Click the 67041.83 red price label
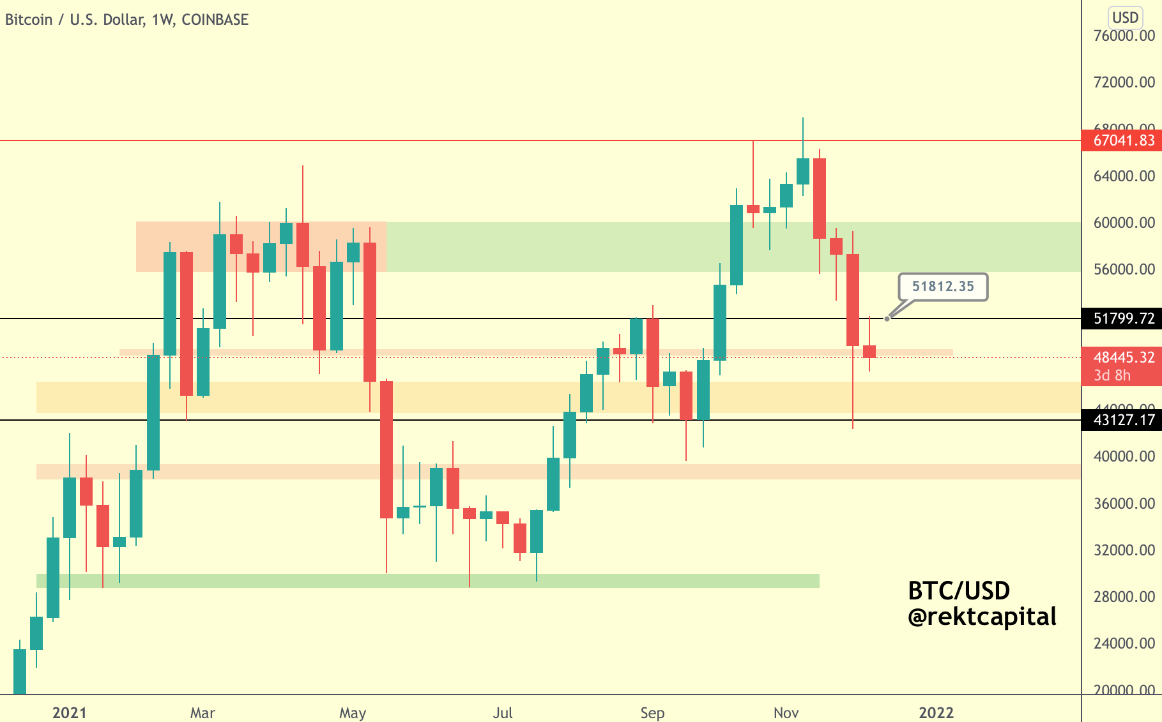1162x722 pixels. pos(1123,140)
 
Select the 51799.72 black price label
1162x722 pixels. pos(1123,319)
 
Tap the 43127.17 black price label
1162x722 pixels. pos(1123,420)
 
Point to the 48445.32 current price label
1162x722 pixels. pos(1123,357)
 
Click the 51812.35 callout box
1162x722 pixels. pos(943,287)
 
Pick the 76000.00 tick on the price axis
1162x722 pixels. pos(1124,36)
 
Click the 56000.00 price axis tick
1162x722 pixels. pos(1124,269)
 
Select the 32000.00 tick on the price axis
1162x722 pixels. pos(1124,550)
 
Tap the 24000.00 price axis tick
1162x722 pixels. pos(1124,643)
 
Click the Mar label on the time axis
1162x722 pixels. pos(203,713)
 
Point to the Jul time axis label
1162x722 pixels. pos(503,713)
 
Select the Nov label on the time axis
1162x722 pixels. pos(786,713)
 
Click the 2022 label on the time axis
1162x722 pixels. pos(936,713)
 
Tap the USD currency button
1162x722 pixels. pos(1125,17)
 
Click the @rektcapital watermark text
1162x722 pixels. pos(982,617)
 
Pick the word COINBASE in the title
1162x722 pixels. pos(215,20)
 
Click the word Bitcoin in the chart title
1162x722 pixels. pos(29,20)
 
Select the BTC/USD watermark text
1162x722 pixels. pos(959,591)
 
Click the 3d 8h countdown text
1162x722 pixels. pos(1112,375)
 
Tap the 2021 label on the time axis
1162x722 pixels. pos(69,713)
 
